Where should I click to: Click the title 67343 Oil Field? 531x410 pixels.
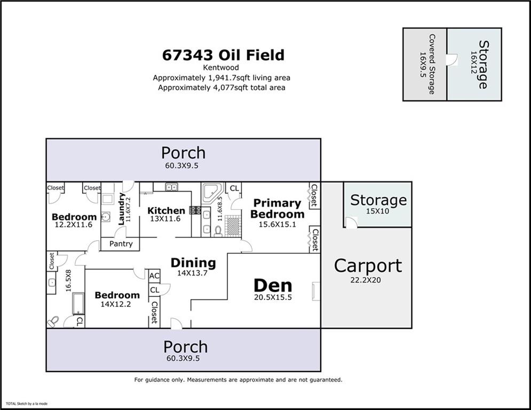pyautogui.click(x=223, y=56)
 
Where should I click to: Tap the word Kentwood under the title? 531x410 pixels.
pyautogui.click(x=221, y=68)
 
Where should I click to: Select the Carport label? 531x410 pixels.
pyautogui.click(x=368, y=265)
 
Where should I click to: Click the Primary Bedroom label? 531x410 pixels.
pyautogui.click(x=277, y=209)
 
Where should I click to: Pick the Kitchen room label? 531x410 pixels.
pyautogui.click(x=166, y=211)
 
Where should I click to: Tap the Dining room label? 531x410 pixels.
pyautogui.click(x=193, y=263)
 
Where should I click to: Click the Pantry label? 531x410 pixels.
pyautogui.click(x=121, y=244)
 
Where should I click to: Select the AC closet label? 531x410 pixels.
pyautogui.click(x=154, y=276)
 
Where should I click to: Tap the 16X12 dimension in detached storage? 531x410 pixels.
pyautogui.click(x=472, y=65)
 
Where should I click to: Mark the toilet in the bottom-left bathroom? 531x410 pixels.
pyautogui.click(x=53, y=321)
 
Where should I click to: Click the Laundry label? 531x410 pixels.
pyautogui.click(x=122, y=209)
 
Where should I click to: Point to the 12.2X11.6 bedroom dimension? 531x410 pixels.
pyautogui.click(x=74, y=225)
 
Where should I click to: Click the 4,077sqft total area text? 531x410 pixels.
pyautogui.click(x=221, y=88)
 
